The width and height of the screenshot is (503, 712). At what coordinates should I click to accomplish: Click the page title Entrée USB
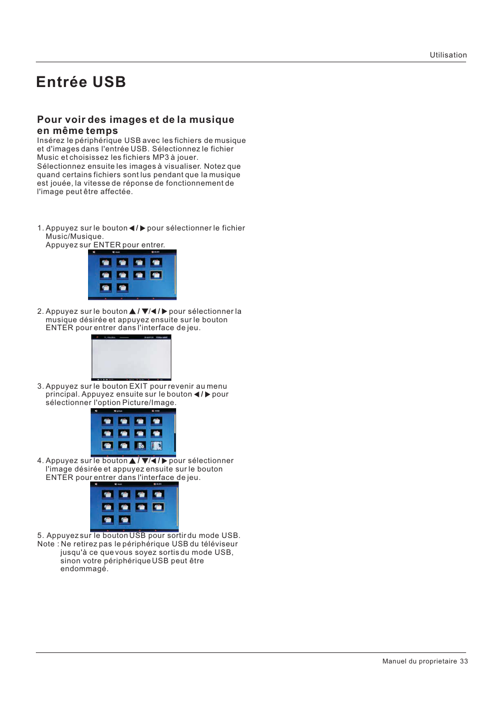[81, 82]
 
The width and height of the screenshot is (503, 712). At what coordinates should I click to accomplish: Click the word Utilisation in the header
[448, 55]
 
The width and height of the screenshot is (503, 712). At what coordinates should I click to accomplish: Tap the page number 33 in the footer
[463, 661]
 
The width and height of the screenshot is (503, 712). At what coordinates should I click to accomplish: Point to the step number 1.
[40, 228]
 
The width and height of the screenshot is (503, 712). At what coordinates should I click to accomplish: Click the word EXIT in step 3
[138, 386]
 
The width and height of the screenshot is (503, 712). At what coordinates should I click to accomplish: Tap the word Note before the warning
[46, 544]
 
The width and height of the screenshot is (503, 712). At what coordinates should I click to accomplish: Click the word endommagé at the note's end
[84, 569]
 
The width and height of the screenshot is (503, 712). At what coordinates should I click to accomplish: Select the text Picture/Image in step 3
[149, 403]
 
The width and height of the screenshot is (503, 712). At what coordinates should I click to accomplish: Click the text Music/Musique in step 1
[74, 237]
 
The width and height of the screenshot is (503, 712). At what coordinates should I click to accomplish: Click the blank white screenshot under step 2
[131, 358]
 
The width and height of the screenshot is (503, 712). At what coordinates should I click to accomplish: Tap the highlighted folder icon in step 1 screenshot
[156, 275]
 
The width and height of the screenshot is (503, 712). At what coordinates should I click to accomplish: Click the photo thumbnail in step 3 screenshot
[157, 446]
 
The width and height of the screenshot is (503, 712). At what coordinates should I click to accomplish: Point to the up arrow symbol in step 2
[132, 312]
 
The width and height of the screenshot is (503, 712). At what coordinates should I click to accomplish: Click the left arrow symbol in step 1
[132, 228]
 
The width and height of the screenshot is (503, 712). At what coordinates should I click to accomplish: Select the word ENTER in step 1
[107, 245]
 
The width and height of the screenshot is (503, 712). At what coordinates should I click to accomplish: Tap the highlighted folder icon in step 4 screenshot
[158, 507]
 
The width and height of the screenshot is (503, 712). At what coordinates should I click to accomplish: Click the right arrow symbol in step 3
[208, 395]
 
